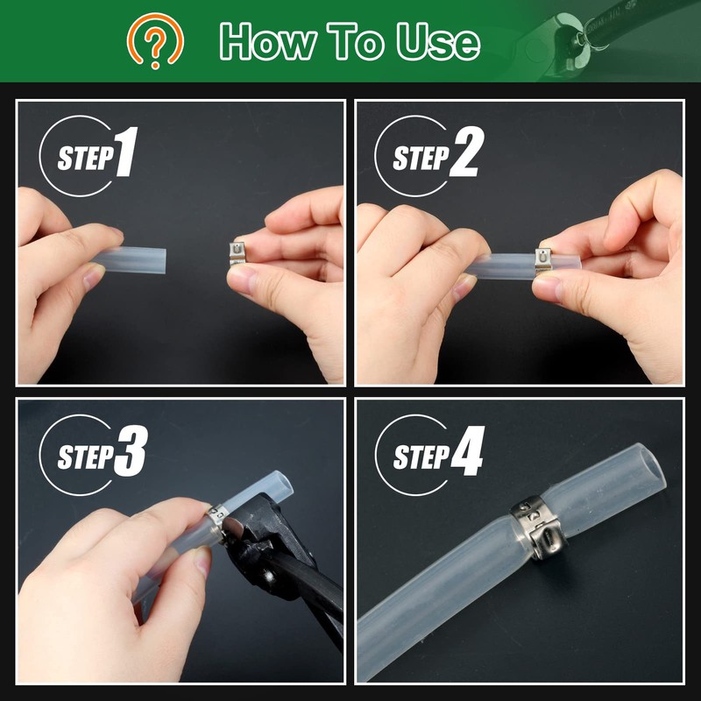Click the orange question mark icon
coord(155,40)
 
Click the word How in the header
coord(267,41)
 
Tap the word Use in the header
coord(438,41)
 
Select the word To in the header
coord(356,41)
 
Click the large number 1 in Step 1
coord(126,152)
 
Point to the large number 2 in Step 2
coord(467,152)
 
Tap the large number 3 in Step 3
coord(131,450)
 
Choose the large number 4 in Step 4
coord(468,450)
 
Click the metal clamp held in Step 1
coord(237,253)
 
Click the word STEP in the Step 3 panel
coord(85,457)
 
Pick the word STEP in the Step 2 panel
coord(421,158)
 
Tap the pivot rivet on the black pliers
coord(269,576)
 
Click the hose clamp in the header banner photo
coord(591,33)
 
